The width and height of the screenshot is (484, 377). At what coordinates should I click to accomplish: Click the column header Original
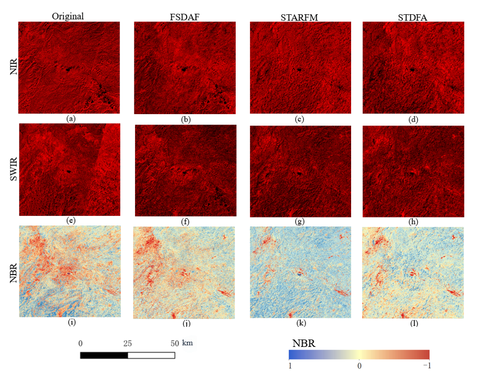pyautogui.click(x=69, y=16)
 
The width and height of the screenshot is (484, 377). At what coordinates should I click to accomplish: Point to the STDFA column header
pyautogui.click(x=412, y=16)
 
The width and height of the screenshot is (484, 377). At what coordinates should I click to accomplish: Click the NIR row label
pyautogui.click(x=14, y=67)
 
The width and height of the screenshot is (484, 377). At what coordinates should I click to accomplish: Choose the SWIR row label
pyautogui.click(x=14, y=169)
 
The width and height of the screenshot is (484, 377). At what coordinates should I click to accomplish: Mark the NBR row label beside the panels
pyautogui.click(x=14, y=271)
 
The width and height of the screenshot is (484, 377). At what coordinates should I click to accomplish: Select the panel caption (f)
pyautogui.click(x=186, y=222)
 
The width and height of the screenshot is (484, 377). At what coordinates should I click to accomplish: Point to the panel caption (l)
pyautogui.click(x=414, y=323)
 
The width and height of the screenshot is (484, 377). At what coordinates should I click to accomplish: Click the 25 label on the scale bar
pyautogui.click(x=127, y=343)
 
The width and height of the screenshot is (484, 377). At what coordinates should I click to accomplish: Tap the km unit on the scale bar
pyautogui.click(x=188, y=343)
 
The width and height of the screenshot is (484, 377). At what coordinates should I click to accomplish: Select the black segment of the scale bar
pyautogui.click(x=104, y=355)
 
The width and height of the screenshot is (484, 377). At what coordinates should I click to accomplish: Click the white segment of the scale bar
pyautogui.click(x=151, y=355)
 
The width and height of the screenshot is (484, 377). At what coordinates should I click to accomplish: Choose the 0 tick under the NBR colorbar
pyautogui.click(x=359, y=365)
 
